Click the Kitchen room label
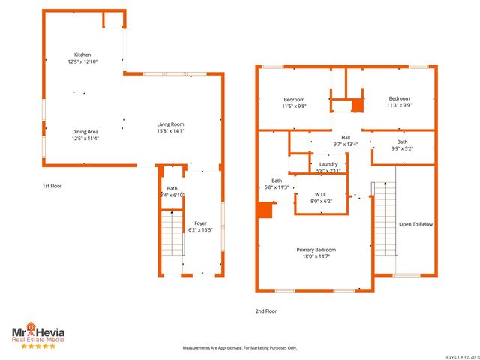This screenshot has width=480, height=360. pyautogui.click(x=82, y=55)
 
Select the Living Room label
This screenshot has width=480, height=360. pyautogui.click(x=170, y=124)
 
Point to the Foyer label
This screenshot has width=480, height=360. pyautogui.click(x=200, y=223)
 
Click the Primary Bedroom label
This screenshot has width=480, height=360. pyautogui.click(x=316, y=250)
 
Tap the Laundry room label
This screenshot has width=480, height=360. pyautogui.click(x=328, y=164)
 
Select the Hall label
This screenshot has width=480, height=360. pyautogui.click(x=346, y=137)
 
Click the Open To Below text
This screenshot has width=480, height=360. pyautogui.click(x=415, y=224)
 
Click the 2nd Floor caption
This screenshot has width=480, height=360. pyautogui.click(x=266, y=310)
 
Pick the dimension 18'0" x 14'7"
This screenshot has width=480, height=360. pyautogui.click(x=316, y=256)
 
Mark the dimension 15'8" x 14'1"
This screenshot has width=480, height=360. pyautogui.click(x=170, y=131)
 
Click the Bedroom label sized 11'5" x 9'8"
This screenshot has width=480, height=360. pyautogui.click(x=294, y=100)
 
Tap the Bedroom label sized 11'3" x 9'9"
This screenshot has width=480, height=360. pyautogui.click(x=399, y=99)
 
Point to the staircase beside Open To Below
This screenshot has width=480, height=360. pyautogui.click(x=384, y=221)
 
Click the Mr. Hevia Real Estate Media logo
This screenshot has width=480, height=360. pyautogui.click(x=37, y=335)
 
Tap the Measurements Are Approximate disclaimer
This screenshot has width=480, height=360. pyautogui.click(x=240, y=348)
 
